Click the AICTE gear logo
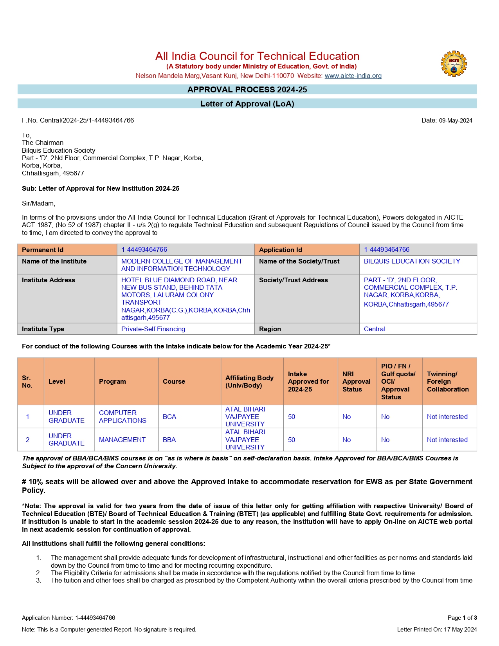coord(454,63)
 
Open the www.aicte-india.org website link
coord(353,76)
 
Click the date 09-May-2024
coord(455,121)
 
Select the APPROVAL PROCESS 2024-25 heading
coord(247,90)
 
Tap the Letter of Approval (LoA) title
coord(247,104)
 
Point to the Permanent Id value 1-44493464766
coord(144,250)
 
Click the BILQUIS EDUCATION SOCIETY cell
coord(412,261)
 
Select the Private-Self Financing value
coord(153,329)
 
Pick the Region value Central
coord(374,329)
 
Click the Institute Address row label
coord(49,280)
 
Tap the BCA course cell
coord(169,417)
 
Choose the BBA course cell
coord(169,440)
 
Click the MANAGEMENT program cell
coord(122,440)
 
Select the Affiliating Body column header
coord(249,381)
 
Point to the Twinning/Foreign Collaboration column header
coord(448,381)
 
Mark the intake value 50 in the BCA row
coord(292,417)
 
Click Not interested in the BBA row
coord(447,440)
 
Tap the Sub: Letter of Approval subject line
coord(101,188)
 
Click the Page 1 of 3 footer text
coord(462,618)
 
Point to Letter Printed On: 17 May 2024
coord(437,630)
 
